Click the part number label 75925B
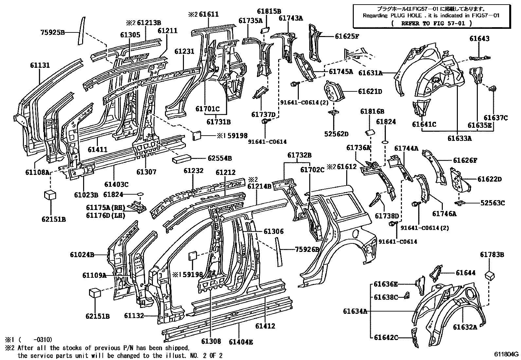pos(52,32)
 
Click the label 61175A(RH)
pos(106,207)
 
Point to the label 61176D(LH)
pos(106,215)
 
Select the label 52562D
pos(336,134)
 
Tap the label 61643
pos(479,39)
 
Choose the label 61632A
pos(465,327)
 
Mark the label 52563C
pos(493,203)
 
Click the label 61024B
pos(82,255)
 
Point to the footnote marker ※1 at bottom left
pos(8,340)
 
